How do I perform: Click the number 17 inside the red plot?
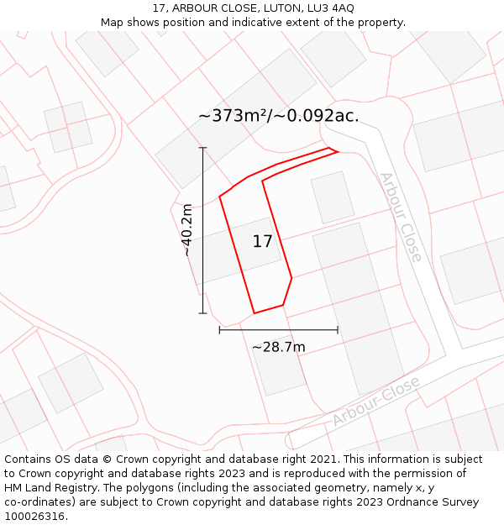coord(262,242)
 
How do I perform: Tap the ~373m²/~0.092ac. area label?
coord(278,116)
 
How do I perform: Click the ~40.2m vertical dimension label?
coord(187,229)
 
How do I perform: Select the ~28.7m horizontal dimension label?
coord(278,347)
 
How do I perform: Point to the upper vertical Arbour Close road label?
coord(401,217)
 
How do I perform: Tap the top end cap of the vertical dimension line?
coord(202,148)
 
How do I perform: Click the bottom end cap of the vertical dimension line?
coord(202,313)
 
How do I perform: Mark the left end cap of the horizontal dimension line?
coord(219,330)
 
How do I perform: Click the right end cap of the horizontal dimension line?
coord(338,330)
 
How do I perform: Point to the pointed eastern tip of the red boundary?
coord(338,152)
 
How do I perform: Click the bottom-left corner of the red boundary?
coord(254,313)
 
